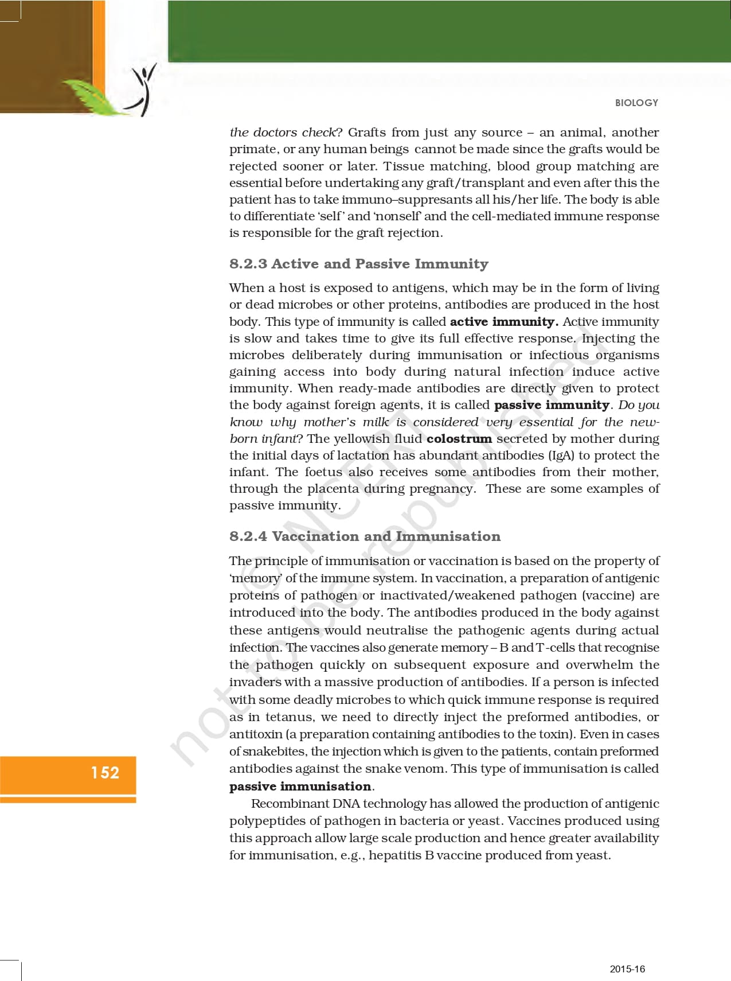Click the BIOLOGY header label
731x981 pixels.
pyautogui.click(x=636, y=103)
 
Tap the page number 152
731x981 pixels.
pyautogui.click(x=105, y=773)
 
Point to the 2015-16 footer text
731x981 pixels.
pyautogui.click(x=627, y=969)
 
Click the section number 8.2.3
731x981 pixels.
pyautogui.click(x=248, y=264)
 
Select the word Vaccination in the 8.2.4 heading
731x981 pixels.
pyautogui.click(x=315, y=536)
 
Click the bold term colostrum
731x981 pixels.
pyautogui.click(x=459, y=439)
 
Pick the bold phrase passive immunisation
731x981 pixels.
pyautogui.click(x=300, y=787)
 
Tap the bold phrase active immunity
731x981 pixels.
pyautogui.click(x=503, y=322)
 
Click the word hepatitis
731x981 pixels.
pyautogui.click(x=396, y=855)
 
